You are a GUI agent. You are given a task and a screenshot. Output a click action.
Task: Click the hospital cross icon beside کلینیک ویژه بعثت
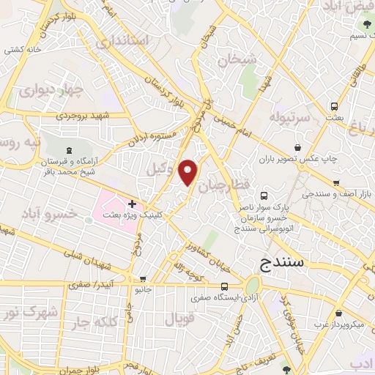tap(132, 203)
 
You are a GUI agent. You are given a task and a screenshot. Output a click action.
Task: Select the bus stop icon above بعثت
tap(333, 105)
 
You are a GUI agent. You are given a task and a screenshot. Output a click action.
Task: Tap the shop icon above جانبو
tap(144, 278)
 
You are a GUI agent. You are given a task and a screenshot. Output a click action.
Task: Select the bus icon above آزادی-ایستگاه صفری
tap(226, 286)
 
